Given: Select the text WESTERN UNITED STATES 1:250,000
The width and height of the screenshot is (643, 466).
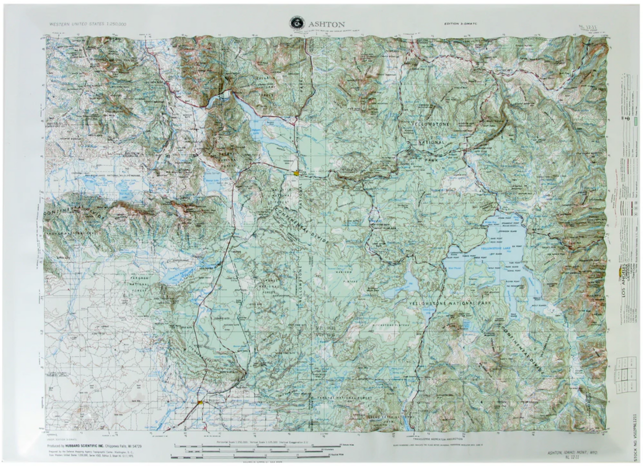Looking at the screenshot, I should tap(88, 25).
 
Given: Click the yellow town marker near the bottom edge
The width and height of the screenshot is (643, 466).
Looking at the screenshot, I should tap(201, 402).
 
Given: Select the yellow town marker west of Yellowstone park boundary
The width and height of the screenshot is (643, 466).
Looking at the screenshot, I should tap(296, 172).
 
